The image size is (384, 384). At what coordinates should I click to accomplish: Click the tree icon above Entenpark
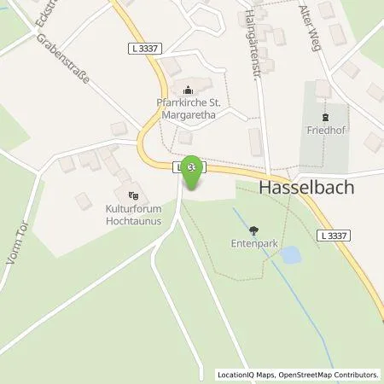point(253,230)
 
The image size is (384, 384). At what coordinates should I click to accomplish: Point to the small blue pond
point(290,254)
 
